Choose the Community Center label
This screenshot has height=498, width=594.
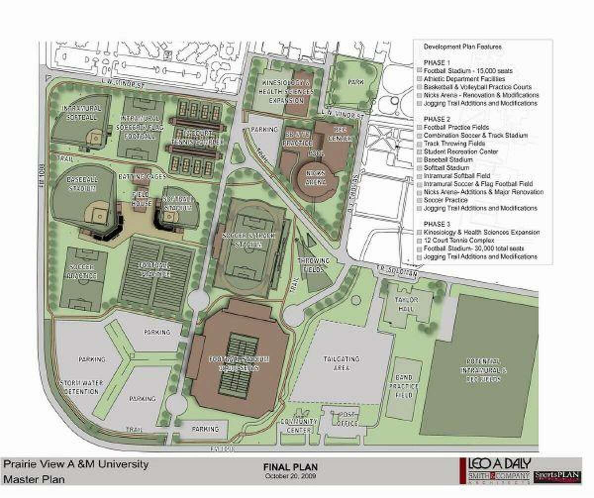point(298,425)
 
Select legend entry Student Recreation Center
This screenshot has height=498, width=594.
point(460,151)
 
